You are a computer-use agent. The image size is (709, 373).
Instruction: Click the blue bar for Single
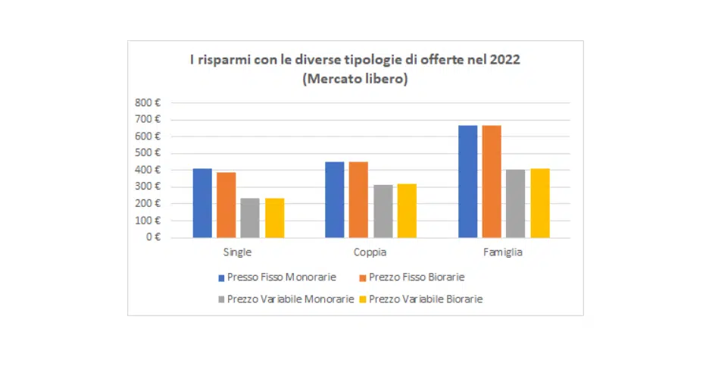click(x=202, y=203)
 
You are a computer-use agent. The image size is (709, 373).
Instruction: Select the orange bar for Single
click(x=226, y=205)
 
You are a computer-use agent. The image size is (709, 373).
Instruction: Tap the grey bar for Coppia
click(x=383, y=212)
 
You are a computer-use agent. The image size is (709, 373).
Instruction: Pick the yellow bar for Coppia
click(x=407, y=211)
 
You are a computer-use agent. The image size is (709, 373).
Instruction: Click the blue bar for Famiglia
click(x=468, y=182)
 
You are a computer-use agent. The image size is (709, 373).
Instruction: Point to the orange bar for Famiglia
click(x=492, y=182)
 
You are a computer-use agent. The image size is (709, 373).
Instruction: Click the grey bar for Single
click(x=250, y=218)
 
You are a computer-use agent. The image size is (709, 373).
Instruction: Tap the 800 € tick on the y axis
click(x=148, y=102)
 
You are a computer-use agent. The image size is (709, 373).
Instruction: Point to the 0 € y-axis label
click(x=153, y=237)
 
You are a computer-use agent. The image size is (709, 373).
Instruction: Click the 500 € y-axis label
click(x=148, y=153)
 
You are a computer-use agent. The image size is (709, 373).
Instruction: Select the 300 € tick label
click(x=148, y=186)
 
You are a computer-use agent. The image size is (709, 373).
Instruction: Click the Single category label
click(x=238, y=252)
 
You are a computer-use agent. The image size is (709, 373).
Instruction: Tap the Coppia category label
click(x=370, y=252)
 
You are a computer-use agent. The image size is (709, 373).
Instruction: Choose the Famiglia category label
click(x=503, y=252)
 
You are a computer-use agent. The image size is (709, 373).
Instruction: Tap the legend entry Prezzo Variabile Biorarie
click(x=425, y=299)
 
